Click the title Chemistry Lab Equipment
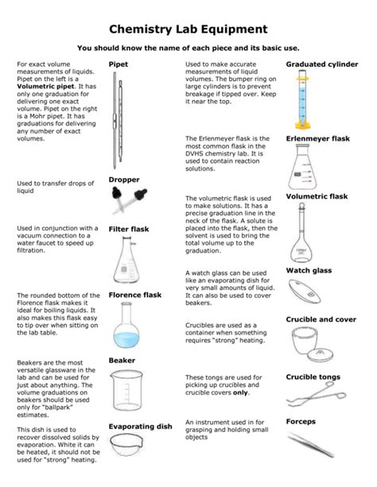pyautogui.click(x=188, y=30)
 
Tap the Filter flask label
pyautogui.click(x=130, y=229)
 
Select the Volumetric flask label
pyautogui.click(x=317, y=195)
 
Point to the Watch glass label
pyautogui.click(x=309, y=270)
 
